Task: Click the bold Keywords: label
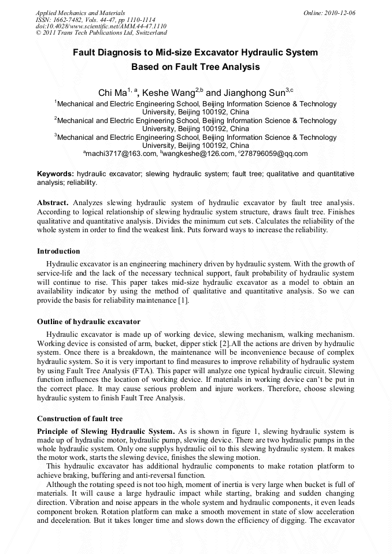click(56, 174)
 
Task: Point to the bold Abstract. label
click(53, 203)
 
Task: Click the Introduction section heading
click(58, 251)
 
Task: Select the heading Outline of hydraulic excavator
click(88, 321)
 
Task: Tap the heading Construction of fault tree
click(79, 418)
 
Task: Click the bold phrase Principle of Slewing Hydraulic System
click(106, 431)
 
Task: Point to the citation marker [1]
click(182, 300)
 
